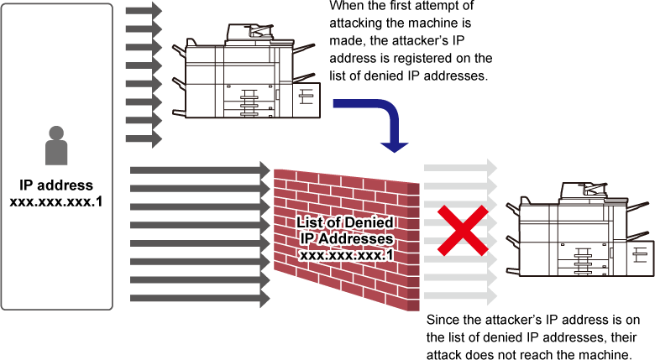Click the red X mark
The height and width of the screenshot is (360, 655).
tap(463, 230)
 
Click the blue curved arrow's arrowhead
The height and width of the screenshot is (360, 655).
tap(395, 147)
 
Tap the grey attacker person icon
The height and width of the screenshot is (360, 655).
tap(56, 145)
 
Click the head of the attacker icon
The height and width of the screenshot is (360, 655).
tap(56, 133)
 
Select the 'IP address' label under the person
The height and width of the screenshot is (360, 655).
tap(56, 185)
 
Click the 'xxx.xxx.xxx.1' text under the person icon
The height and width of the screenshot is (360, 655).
tap(56, 201)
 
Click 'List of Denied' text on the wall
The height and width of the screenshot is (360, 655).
tap(345, 222)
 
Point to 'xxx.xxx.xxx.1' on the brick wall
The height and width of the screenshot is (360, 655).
tap(346, 255)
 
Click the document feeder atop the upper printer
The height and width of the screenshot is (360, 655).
tap(249, 33)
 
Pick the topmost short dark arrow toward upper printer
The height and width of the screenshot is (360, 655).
tap(144, 10)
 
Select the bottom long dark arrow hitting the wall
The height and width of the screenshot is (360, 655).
tap(200, 298)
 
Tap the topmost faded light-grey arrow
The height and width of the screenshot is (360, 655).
tap(460, 168)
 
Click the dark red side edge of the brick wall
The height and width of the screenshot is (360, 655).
tap(413, 247)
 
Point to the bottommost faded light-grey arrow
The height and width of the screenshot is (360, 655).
tap(460, 296)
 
